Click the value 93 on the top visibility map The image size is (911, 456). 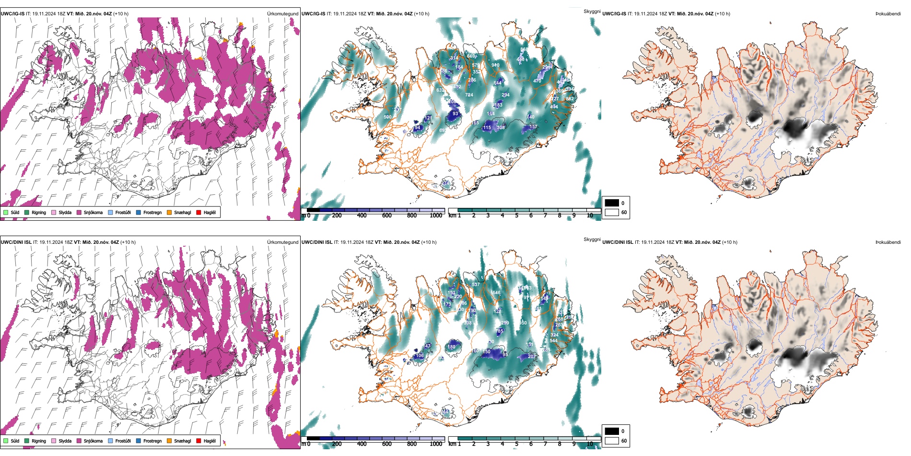[455, 114]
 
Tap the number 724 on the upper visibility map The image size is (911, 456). [469, 95]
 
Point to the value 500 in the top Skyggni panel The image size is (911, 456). [387, 117]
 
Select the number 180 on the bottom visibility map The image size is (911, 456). [451, 347]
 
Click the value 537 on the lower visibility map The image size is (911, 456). [476, 285]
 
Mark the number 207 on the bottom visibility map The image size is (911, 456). [531, 357]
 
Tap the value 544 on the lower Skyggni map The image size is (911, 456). [553, 341]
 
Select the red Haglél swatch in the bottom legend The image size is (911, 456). [199, 441]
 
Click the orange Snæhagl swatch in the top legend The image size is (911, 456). [169, 212]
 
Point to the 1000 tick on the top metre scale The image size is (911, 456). [436, 216]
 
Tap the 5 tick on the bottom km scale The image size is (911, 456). [516, 444]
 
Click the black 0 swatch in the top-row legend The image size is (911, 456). [612, 203]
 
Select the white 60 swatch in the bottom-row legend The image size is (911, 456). [612, 441]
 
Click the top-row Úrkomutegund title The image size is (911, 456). [282, 14]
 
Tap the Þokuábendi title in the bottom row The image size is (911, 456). [888, 242]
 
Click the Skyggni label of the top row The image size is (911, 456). [592, 11]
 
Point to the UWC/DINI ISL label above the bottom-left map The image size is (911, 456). [16, 242]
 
